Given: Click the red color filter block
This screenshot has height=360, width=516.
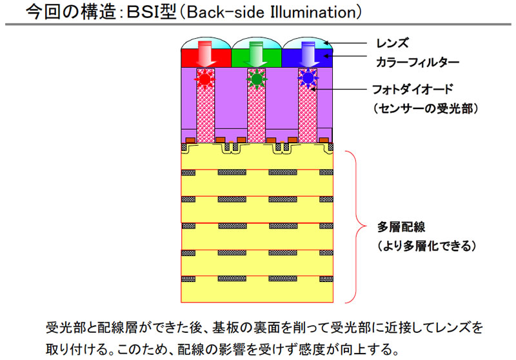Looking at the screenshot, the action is click(206, 58).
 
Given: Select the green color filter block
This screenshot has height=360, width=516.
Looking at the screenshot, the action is click(256, 58).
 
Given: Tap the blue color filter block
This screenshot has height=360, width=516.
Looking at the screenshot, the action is click(307, 58).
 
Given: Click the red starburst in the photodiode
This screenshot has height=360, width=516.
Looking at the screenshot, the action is click(204, 79).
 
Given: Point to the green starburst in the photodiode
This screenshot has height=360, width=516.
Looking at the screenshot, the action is click(256, 79).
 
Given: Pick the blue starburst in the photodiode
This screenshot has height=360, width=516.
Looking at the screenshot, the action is click(308, 79).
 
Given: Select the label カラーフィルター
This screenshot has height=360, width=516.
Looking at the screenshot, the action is click(417, 62).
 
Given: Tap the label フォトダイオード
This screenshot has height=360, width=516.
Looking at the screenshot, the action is click(413, 89).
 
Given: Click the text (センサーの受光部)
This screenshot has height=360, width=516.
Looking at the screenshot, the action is click(426, 108).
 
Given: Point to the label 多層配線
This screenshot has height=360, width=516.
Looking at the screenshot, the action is click(401, 226).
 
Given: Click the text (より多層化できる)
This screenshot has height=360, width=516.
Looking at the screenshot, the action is click(426, 246).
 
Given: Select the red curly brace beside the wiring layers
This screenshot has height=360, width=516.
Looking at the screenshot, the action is click(356, 226).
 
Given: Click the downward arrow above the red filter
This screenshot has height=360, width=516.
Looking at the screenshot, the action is click(206, 54).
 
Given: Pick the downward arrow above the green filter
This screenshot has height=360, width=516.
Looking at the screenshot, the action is click(256, 54).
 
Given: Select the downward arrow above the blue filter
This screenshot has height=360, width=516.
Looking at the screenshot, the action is click(307, 54).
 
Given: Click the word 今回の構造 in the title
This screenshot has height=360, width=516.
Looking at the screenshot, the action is click(71, 12).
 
